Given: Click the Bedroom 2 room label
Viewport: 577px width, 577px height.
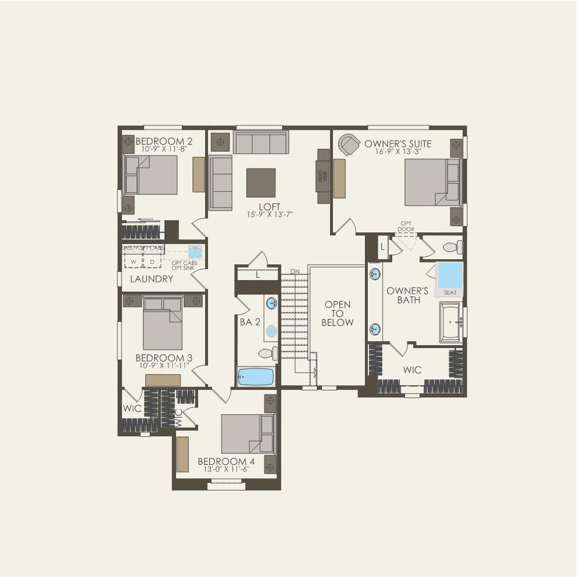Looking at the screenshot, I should click(x=164, y=141).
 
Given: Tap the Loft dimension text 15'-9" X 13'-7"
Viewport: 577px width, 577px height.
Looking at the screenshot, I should click(x=270, y=214).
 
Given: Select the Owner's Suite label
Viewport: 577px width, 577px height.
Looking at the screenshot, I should click(x=398, y=144).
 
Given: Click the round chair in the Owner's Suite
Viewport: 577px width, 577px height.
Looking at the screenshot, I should click(x=350, y=145).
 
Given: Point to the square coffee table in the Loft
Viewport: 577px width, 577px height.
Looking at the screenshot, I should click(x=261, y=182).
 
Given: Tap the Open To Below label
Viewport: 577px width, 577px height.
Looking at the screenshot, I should click(x=338, y=313).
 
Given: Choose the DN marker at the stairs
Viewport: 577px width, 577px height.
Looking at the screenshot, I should click(x=295, y=271).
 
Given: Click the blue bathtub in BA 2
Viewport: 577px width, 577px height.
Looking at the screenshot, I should click(x=256, y=377).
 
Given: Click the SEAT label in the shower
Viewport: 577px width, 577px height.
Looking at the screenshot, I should click(x=450, y=292).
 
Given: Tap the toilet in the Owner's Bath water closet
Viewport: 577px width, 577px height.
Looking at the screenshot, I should click(x=453, y=248).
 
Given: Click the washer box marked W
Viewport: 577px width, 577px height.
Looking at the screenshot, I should click(x=133, y=261).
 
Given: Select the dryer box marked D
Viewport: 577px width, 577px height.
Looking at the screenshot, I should click(x=152, y=261).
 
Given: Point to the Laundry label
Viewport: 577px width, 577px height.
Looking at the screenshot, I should click(x=152, y=279).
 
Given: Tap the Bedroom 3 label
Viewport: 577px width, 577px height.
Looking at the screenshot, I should click(x=164, y=358).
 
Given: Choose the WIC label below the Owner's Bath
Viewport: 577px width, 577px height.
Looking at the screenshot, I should click(x=413, y=370).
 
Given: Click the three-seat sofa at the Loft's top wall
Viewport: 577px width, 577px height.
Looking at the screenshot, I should click(x=261, y=142).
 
